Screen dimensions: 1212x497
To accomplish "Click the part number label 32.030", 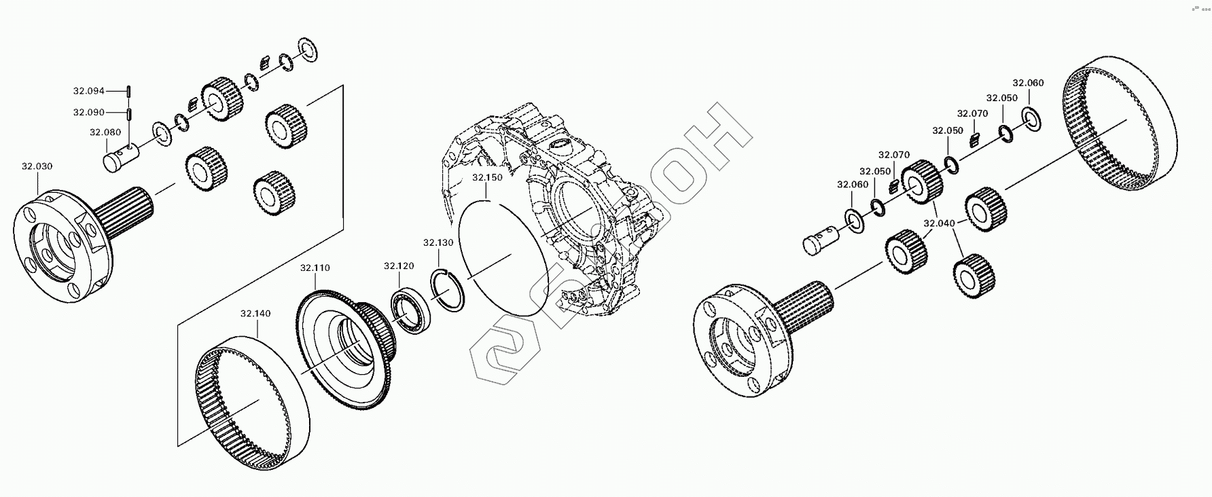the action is click(x=37, y=166).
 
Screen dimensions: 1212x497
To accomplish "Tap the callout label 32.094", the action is click(x=89, y=90).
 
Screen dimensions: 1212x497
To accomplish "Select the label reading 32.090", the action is click(x=89, y=112).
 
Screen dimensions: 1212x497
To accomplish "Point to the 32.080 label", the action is click(x=105, y=132).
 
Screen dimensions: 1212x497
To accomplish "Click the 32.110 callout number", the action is click(x=315, y=268).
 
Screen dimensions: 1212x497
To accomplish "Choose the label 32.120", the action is click(x=399, y=266).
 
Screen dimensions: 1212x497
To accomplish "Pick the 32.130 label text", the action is click(x=438, y=242).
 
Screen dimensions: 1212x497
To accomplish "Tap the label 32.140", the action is click(x=255, y=314).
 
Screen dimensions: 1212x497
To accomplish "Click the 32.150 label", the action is click(x=488, y=178).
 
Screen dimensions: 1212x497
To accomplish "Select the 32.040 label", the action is click(x=939, y=223).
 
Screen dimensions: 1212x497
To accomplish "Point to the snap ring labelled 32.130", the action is click(x=448, y=290).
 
